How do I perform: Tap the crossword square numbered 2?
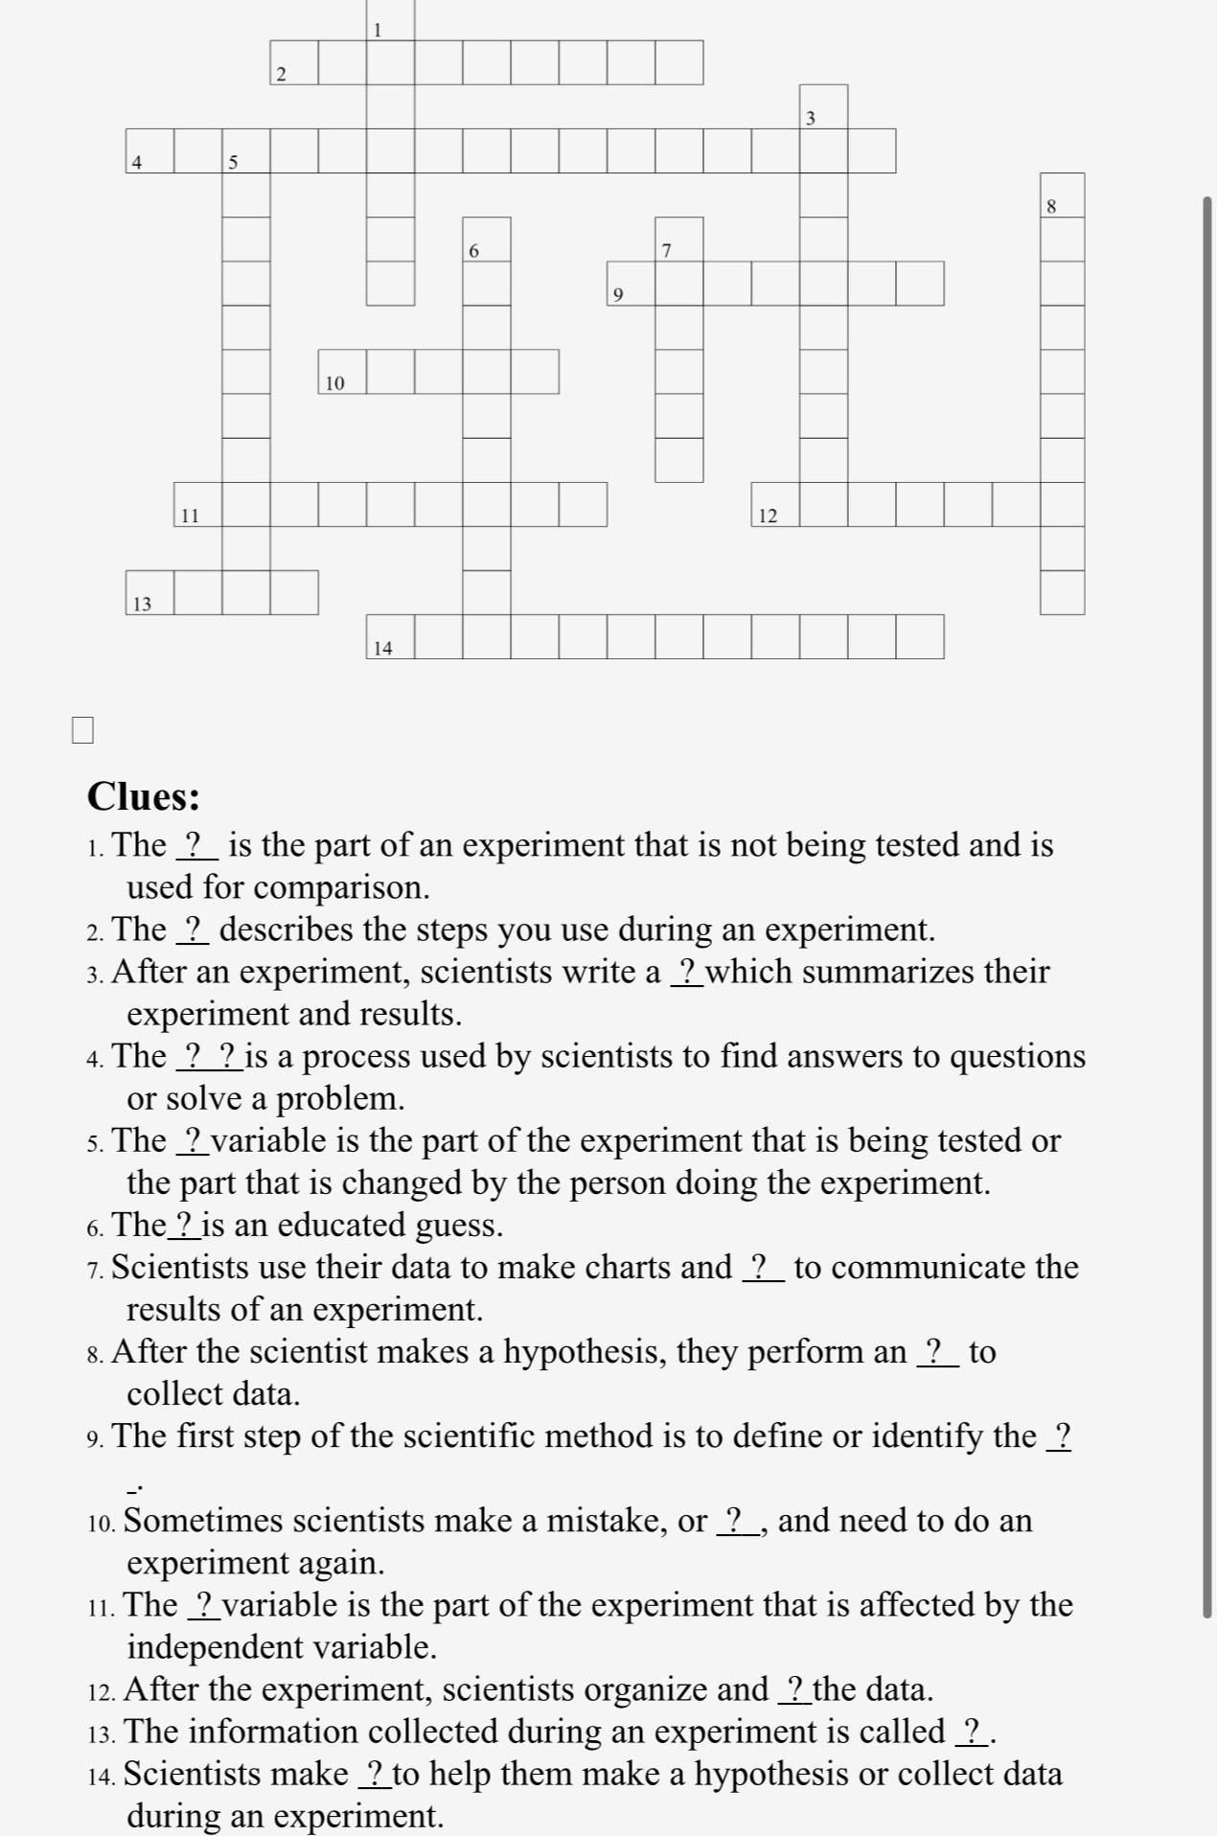294,63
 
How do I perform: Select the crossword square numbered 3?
824,107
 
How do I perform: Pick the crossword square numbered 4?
149,151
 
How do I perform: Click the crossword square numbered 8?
1063,195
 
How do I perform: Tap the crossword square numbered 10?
342,372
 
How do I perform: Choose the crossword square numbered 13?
149,593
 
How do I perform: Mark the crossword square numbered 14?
390,637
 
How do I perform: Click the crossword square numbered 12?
775,505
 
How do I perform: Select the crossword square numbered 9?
631,284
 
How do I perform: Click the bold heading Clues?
144,796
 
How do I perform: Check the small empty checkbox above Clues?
82,730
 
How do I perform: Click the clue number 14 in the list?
100,1776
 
